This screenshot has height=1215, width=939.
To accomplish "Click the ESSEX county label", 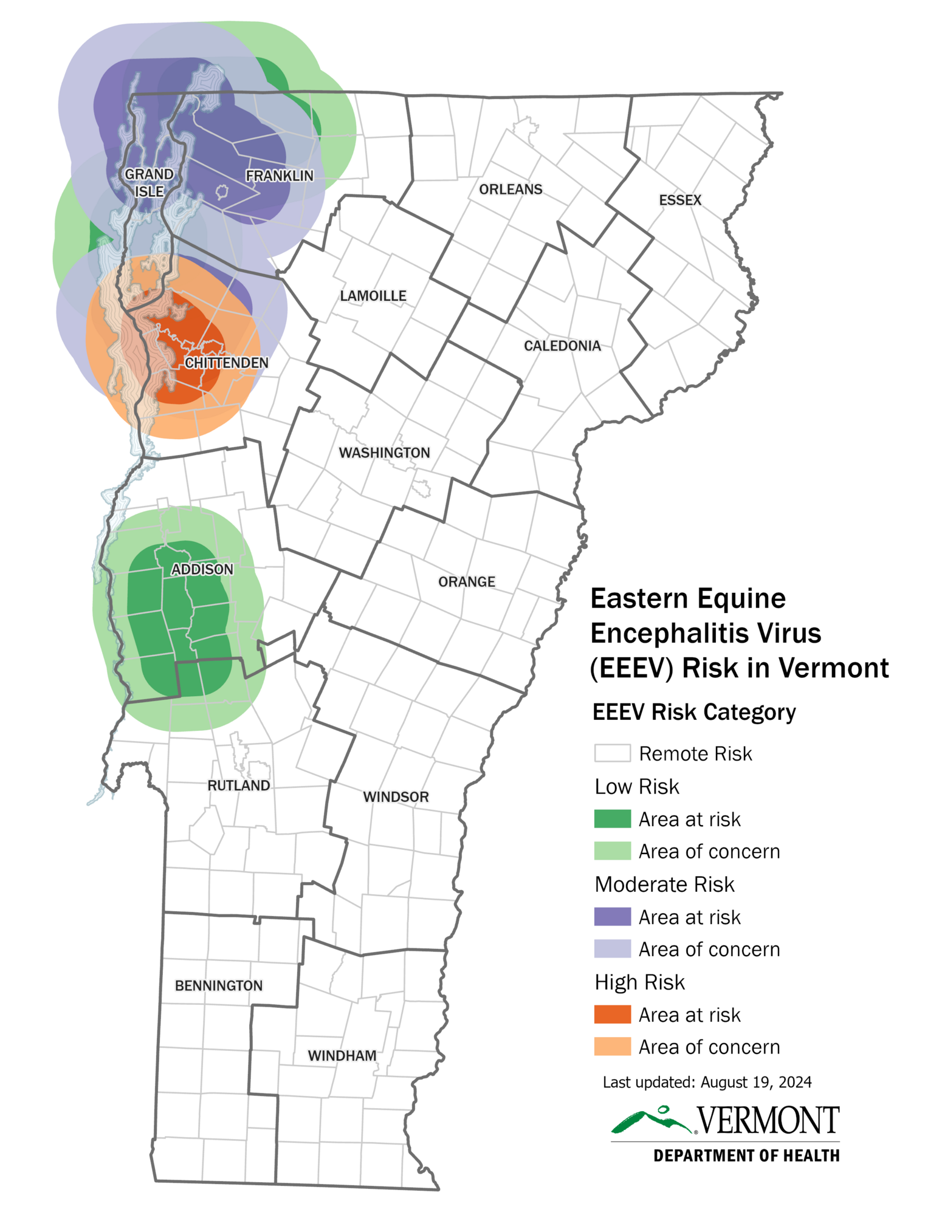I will tap(679, 200).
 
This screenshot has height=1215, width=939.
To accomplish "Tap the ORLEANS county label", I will tap(510, 189).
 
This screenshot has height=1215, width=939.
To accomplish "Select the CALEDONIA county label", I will tap(562, 346).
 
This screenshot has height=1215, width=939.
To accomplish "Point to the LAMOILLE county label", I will tap(373, 296).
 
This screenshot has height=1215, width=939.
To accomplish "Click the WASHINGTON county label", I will tap(384, 453).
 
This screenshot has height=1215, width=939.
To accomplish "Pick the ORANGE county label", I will tap(466, 581).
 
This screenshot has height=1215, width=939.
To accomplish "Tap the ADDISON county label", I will tap(202, 569).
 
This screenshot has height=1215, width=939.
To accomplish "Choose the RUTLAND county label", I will tap(238, 785).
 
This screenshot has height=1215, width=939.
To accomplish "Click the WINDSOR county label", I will tap(396, 796).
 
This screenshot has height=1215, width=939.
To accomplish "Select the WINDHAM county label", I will tap(342, 1055).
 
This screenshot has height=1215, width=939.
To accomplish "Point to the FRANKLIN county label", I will tap(279, 176).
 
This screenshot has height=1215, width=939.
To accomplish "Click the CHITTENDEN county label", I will tap(226, 363).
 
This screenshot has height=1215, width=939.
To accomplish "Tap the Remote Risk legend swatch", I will tap(611, 753).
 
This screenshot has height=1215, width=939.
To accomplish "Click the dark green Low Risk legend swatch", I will tap(611, 818).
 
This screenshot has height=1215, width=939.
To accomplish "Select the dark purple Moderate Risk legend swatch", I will tap(611, 916).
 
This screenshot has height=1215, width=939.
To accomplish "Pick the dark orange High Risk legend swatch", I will tap(611, 1014).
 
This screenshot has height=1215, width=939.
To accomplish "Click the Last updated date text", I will tap(706, 1082).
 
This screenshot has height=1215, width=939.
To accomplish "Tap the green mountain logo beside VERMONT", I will tap(651, 1120).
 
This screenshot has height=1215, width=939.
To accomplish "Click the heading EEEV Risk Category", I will tap(693, 711).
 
